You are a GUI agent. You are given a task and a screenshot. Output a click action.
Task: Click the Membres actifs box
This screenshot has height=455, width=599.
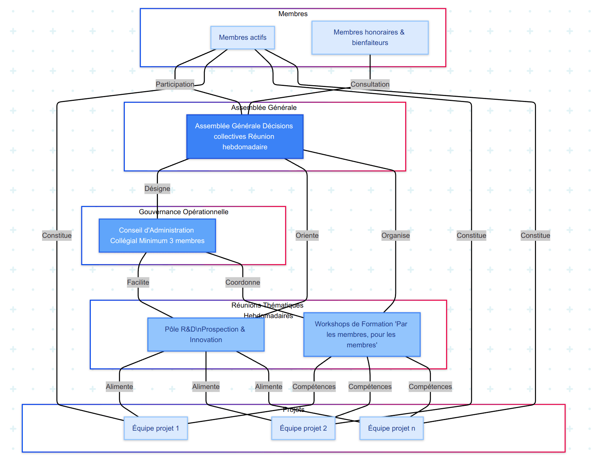coord(243,38)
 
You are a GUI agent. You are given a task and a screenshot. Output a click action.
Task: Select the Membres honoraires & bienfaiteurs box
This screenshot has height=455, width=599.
coord(370,38)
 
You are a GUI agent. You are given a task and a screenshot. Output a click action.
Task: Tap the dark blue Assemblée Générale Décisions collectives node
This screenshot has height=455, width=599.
coord(245,137)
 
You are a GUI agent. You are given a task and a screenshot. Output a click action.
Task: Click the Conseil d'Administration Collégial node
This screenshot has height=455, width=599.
coord(157,236)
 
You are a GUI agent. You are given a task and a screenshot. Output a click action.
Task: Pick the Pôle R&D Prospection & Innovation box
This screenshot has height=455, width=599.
coord(206,335)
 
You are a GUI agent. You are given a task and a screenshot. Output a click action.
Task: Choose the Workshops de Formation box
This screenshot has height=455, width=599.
coord(362,335)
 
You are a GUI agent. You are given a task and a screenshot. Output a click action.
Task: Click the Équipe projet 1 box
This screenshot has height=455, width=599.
coord(156,428)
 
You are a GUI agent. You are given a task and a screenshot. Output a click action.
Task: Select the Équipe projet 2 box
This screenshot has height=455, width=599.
coord(303,428)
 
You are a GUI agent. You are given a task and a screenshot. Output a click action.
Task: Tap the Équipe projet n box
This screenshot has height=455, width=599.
coord(391,428)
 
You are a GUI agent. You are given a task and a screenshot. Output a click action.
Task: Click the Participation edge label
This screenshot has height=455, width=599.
coord(175,84)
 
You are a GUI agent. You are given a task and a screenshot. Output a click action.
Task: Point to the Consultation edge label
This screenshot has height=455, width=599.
coord(370,84)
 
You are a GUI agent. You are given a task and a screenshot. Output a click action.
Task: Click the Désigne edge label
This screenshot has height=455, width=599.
coord(157,189)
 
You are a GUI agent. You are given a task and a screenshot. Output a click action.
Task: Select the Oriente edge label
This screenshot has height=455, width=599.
coord(307,236)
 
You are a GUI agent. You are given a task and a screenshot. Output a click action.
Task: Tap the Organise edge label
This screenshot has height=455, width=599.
coord(395,236)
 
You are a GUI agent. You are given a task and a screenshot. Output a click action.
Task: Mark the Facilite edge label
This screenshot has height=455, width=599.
coord(138,282)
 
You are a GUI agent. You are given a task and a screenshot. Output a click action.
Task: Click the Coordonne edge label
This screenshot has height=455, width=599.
coord(243,282)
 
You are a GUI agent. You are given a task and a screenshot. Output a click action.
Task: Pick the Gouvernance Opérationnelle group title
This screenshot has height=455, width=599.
coord(183,212)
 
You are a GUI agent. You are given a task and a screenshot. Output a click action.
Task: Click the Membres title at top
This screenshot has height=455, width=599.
coord(293,14)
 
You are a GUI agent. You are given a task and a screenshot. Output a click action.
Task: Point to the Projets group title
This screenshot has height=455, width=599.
coord(293,410)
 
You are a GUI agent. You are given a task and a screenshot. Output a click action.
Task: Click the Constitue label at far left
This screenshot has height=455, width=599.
coord(57,236)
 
